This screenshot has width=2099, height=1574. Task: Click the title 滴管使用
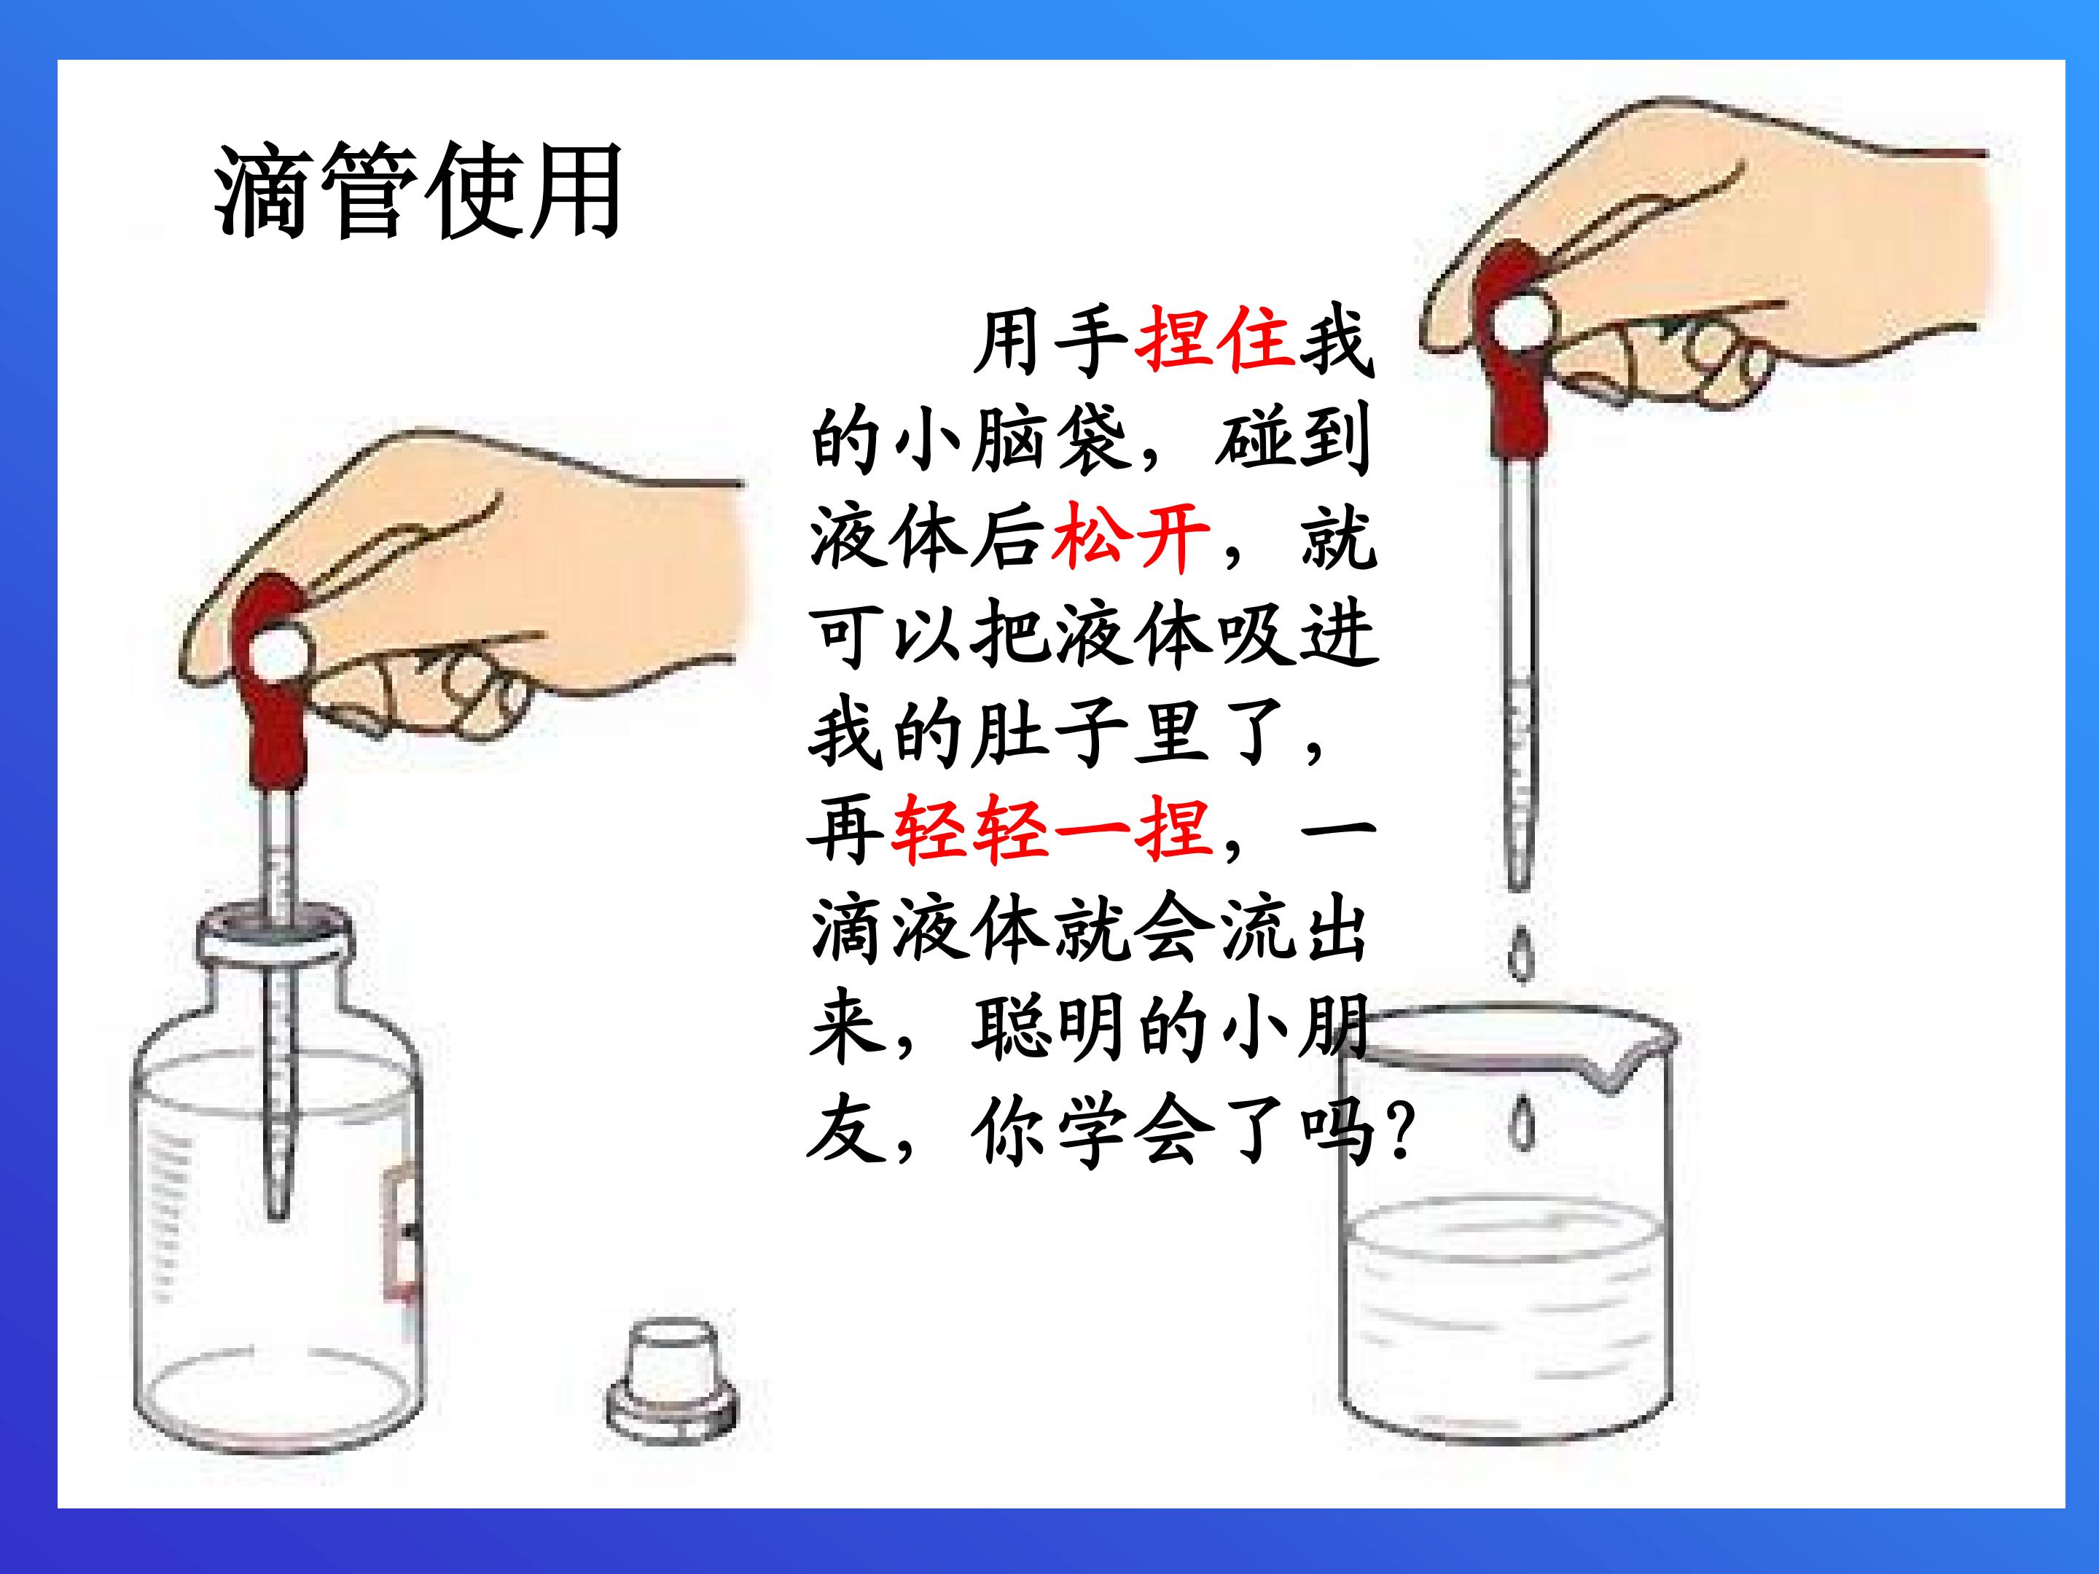tap(418, 192)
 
